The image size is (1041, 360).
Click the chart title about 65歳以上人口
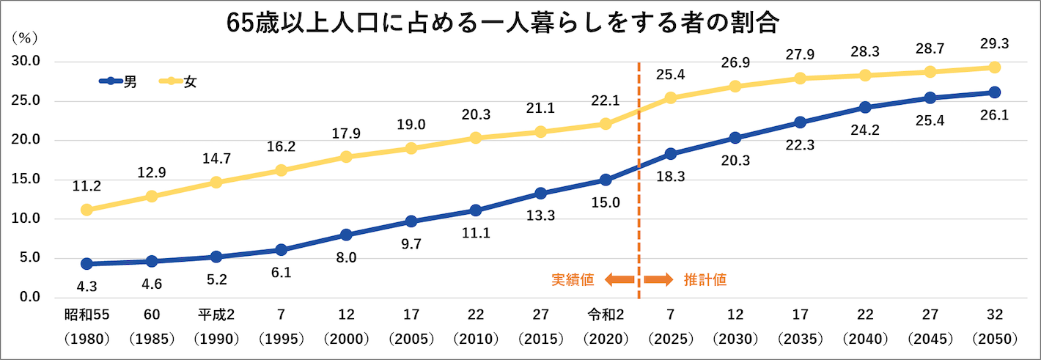[x=502, y=23]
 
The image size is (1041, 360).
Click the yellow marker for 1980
[x=87, y=210]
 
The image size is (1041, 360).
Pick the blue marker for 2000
[x=347, y=235]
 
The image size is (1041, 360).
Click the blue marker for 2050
[x=995, y=92]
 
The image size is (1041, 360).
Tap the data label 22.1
[x=606, y=101]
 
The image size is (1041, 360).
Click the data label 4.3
[x=87, y=285]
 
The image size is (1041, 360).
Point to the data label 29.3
[x=995, y=44]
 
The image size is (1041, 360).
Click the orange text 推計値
[x=705, y=279]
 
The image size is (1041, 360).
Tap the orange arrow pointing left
[x=619, y=279]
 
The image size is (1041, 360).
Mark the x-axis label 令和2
[x=606, y=315]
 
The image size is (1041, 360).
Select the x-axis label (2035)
[x=801, y=339]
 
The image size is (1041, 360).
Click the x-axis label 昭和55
[x=87, y=315]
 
